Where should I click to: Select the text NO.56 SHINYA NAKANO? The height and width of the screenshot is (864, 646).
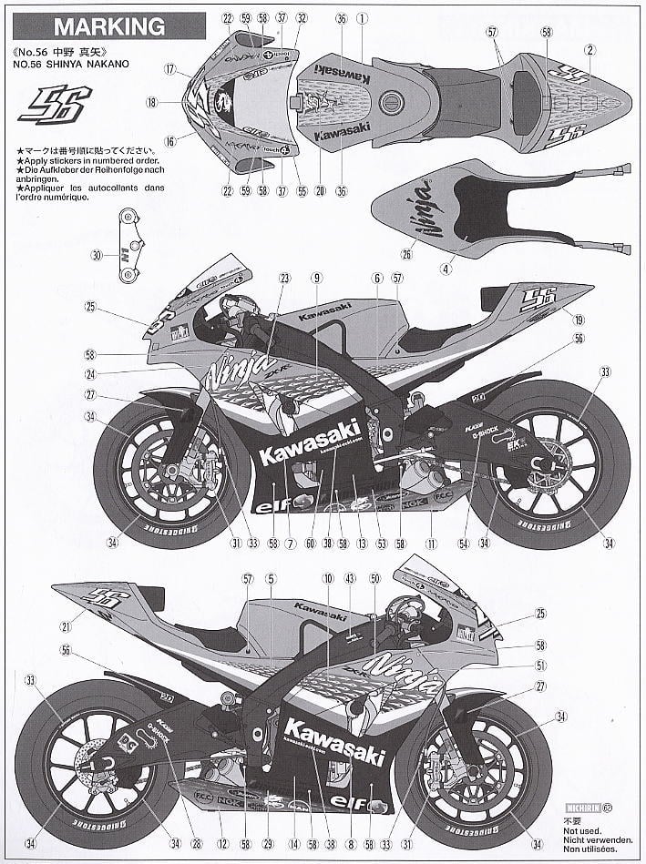click(67, 65)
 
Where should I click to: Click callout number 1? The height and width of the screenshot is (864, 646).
click(361, 17)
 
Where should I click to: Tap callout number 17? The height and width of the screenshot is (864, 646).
click(169, 69)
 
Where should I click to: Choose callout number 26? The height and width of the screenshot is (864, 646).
click(406, 255)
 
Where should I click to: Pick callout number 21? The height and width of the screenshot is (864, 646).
click(66, 626)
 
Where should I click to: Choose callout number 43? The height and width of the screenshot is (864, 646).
click(350, 578)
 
